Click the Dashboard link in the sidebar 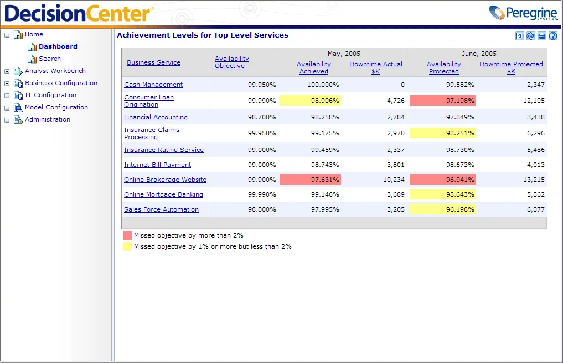[x=58, y=46]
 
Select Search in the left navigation [x=50, y=59]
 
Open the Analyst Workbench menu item [x=55, y=71]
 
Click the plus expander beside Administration [x=7, y=120]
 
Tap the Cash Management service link [x=153, y=85]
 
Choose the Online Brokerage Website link [x=165, y=180]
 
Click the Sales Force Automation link [x=161, y=209]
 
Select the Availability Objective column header [x=231, y=62]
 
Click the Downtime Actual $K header [x=375, y=68]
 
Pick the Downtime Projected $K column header [x=511, y=68]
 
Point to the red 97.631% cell [x=310, y=180]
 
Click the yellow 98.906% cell [x=310, y=101]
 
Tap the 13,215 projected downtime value [x=534, y=180]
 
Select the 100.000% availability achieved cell [x=323, y=85]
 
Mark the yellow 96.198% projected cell [x=443, y=209]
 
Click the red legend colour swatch [x=127, y=235]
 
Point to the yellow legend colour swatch [x=127, y=246]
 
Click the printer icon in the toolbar [x=542, y=36]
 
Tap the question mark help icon [x=553, y=36]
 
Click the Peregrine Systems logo [x=524, y=13]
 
